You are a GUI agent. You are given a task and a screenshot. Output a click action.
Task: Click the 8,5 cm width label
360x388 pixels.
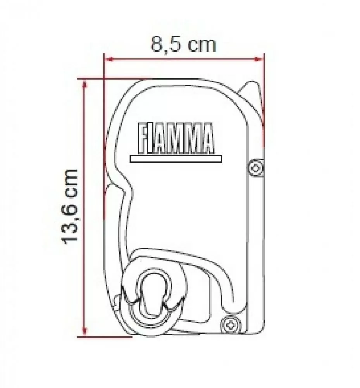point(183,45)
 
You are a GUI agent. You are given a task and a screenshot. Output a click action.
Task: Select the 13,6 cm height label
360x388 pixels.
point(71,206)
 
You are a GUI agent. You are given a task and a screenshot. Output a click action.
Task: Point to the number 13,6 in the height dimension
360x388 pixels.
point(71,225)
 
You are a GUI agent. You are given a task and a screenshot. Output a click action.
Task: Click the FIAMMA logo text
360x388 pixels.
point(176,139)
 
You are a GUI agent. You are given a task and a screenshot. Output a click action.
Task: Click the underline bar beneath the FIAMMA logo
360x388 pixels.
point(176,159)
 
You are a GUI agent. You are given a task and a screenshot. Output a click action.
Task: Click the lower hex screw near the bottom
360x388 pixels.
point(229,323)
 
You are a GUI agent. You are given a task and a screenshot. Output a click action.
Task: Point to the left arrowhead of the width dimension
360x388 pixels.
point(109,59)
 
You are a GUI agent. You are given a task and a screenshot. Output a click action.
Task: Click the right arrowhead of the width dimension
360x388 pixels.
point(259,59)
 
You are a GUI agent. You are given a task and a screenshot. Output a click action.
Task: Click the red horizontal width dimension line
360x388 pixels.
point(184,59)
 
